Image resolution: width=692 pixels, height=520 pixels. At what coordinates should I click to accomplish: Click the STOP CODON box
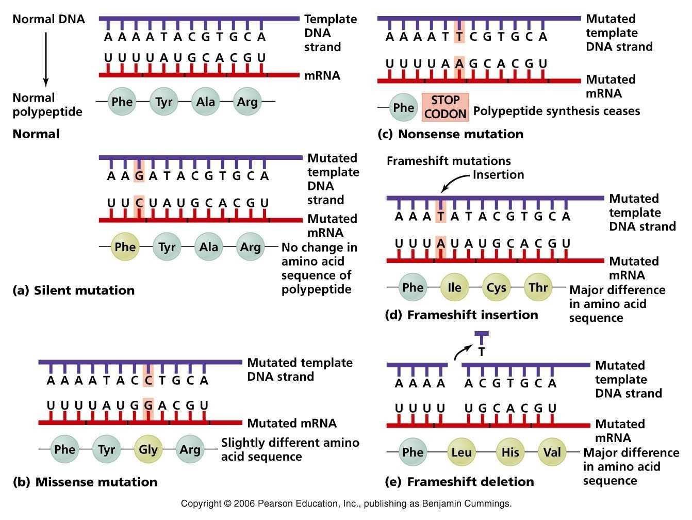click(x=445, y=107)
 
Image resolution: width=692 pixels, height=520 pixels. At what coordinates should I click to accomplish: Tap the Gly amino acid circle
click(x=148, y=449)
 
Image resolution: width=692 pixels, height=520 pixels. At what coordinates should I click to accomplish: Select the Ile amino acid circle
click(x=454, y=287)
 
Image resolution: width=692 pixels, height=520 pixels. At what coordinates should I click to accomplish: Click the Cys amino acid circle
click(x=496, y=287)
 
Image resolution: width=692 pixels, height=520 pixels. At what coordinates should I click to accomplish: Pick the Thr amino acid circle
click(x=538, y=287)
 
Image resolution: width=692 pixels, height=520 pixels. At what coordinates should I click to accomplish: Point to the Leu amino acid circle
click(x=461, y=452)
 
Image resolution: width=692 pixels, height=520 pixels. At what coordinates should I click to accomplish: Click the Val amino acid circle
click(x=552, y=452)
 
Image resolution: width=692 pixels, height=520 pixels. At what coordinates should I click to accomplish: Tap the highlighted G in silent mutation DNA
click(x=139, y=175)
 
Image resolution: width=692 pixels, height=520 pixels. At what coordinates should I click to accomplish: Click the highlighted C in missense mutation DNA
click(x=148, y=381)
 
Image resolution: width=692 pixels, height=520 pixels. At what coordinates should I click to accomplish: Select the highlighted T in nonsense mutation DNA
click(x=459, y=37)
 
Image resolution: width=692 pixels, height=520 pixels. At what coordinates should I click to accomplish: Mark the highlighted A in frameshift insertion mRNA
click(x=440, y=243)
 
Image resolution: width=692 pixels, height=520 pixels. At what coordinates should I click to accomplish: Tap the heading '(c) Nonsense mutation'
click(x=450, y=134)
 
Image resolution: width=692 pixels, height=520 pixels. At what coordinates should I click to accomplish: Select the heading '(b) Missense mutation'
click(x=85, y=482)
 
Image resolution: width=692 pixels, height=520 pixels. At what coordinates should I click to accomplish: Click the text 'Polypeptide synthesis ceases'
click(x=556, y=111)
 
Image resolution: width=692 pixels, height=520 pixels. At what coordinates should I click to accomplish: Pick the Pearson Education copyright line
click(x=346, y=503)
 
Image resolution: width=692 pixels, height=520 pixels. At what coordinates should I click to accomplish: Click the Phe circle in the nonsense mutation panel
click(x=403, y=107)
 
